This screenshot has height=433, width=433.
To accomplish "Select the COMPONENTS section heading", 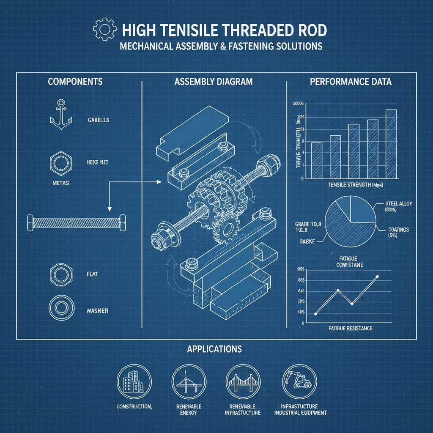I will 75,82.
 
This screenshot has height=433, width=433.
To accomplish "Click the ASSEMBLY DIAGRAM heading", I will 213,82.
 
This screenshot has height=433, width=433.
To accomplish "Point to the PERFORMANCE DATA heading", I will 351,82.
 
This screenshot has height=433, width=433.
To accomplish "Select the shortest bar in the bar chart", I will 316,160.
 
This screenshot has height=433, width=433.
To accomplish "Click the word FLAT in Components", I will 92,274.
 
